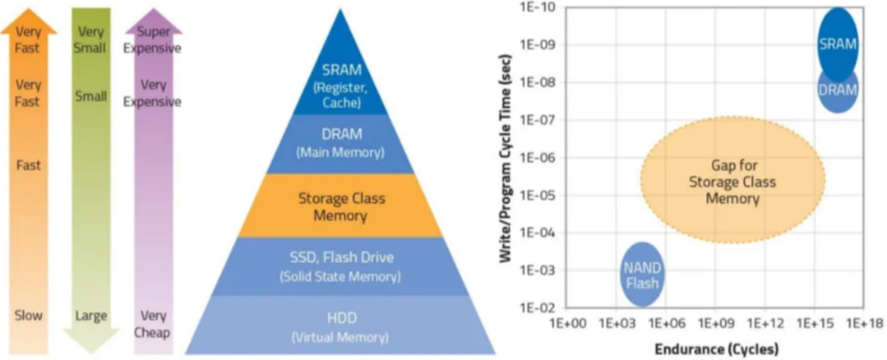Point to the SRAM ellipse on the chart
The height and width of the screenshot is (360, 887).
[x=838, y=43]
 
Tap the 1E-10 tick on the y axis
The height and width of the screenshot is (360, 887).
[x=536, y=7]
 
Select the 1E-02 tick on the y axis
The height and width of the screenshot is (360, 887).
[x=536, y=307]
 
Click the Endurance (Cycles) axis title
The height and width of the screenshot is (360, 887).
[x=716, y=348]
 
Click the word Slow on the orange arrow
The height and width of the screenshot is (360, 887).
[x=29, y=316]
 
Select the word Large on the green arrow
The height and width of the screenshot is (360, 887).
[x=91, y=316]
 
